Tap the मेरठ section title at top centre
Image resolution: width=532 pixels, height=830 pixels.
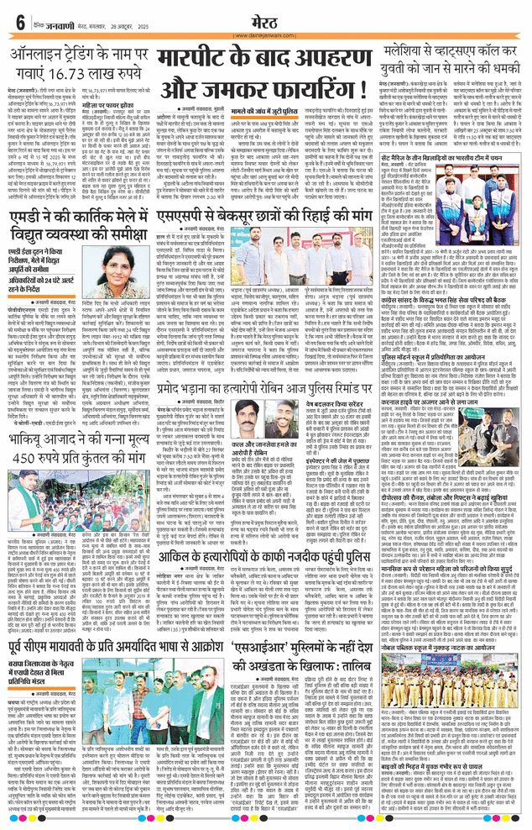264,18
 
